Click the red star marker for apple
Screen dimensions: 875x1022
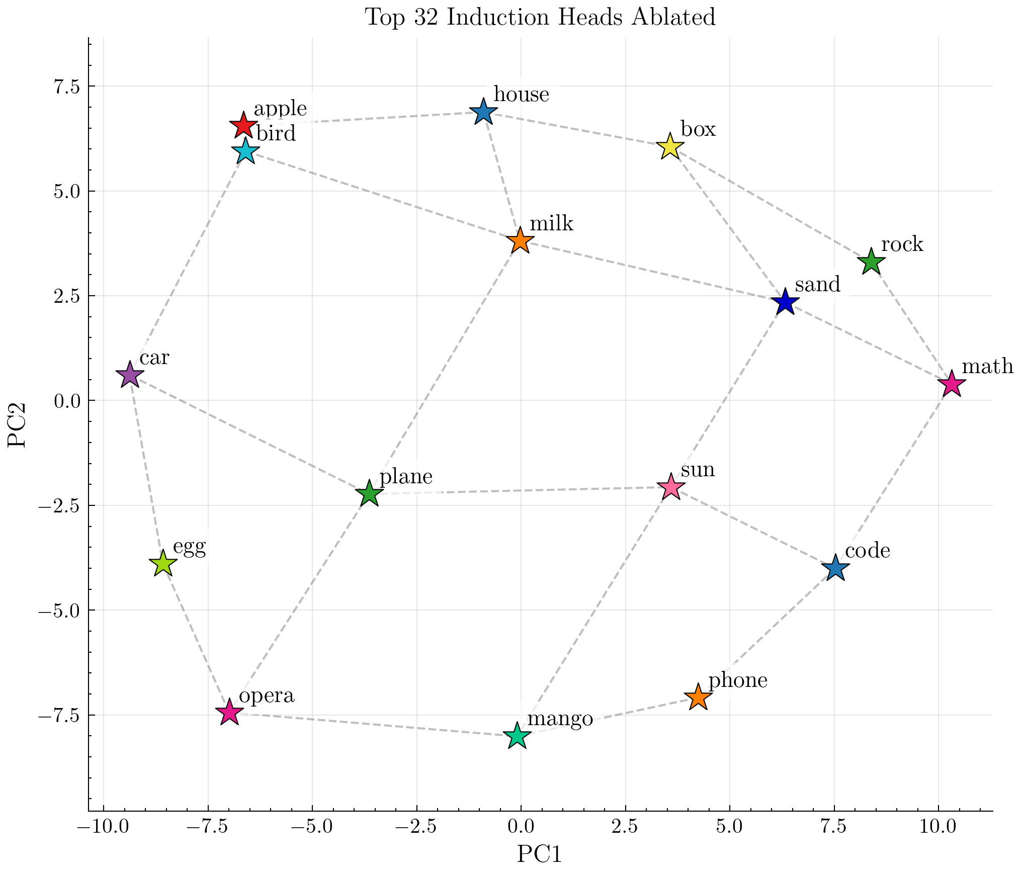click(243, 126)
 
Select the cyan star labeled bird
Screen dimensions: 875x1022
click(245, 151)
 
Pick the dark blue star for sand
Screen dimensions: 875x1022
click(785, 303)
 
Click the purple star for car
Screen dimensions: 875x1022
click(130, 375)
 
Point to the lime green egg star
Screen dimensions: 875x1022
click(162, 564)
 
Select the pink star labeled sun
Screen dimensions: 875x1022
click(671, 487)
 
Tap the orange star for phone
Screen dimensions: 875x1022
click(698, 697)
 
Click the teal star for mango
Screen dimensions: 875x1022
click(517, 736)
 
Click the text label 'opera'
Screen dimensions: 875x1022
click(266, 696)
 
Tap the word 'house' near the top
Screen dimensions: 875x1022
click(521, 95)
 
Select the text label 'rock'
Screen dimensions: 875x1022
click(902, 245)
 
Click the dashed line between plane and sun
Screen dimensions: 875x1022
click(518, 491)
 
